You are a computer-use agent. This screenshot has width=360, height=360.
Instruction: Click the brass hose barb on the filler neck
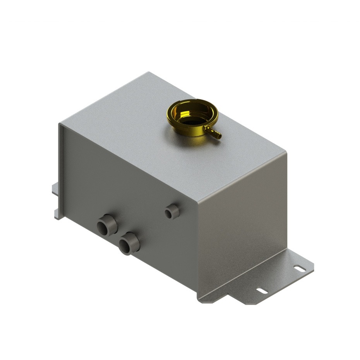click(215, 134)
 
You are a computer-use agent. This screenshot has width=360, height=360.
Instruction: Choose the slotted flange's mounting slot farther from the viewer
click(298, 267)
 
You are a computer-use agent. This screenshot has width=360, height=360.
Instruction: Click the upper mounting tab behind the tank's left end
click(56, 188)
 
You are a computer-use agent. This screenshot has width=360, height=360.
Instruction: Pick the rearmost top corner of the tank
click(149, 72)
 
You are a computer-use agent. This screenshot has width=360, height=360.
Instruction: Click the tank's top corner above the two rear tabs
click(60, 124)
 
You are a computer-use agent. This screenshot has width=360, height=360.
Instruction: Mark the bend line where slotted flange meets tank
click(244, 271)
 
